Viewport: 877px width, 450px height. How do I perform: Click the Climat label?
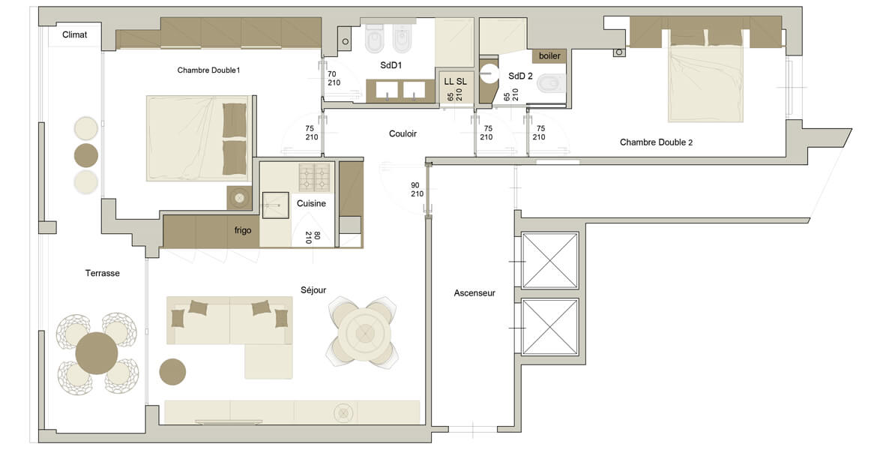[x=74, y=34]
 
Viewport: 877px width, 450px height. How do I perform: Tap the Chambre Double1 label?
[x=208, y=70]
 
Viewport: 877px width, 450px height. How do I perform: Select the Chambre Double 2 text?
[x=656, y=142]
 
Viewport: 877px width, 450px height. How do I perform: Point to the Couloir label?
[x=403, y=133]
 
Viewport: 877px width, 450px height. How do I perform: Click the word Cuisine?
[x=311, y=204]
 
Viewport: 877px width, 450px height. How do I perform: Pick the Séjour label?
[x=313, y=290]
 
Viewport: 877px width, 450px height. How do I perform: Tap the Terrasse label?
[x=103, y=273]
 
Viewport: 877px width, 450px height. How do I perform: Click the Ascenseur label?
[x=474, y=292]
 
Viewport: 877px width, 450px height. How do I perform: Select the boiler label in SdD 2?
[x=549, y=56]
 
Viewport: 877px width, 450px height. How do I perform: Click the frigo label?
[x=243, y=230]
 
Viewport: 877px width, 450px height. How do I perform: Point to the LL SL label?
[x=455, y=82]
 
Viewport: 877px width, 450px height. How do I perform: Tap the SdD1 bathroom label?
[x=391, y=65]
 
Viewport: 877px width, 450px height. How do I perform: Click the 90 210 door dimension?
[x=417, y=189]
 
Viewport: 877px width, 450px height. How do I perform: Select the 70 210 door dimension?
[x=334, y=78]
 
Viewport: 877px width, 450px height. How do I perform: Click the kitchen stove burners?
[x=314, y=178]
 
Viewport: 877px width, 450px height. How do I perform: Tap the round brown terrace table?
[x=97, y=353]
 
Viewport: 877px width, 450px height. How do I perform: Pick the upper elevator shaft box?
[x=549, y=261]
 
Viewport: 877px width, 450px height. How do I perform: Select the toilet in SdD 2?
[x=551, y=84]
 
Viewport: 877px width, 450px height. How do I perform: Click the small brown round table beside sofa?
[x=172, y=372]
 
